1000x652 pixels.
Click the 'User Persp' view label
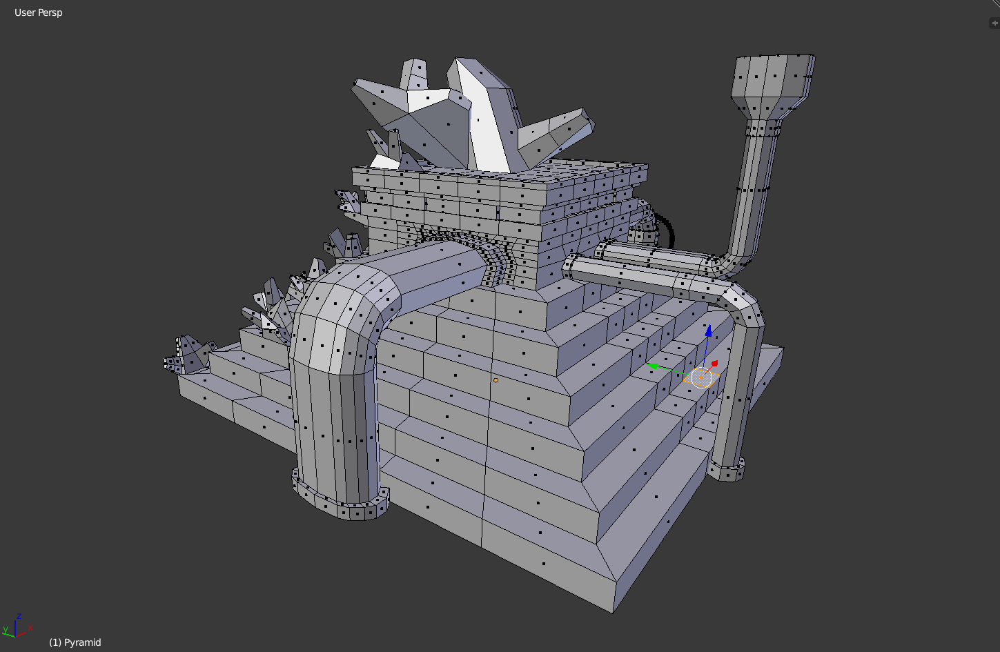coord(39,12)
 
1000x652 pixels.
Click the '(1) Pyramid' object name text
coord(75,642)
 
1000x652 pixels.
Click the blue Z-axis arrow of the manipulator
coord(708,331)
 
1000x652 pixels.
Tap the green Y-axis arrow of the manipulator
coord(652,366)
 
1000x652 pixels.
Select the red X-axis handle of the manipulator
coord(714,364)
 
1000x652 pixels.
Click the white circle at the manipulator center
coord(701,377)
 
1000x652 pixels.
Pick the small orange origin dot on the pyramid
coord(496,380)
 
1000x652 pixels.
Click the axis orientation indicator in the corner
coord(17,626)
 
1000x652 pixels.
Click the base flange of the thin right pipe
coord(727,471)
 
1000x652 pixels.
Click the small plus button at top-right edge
coord(994,23)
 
